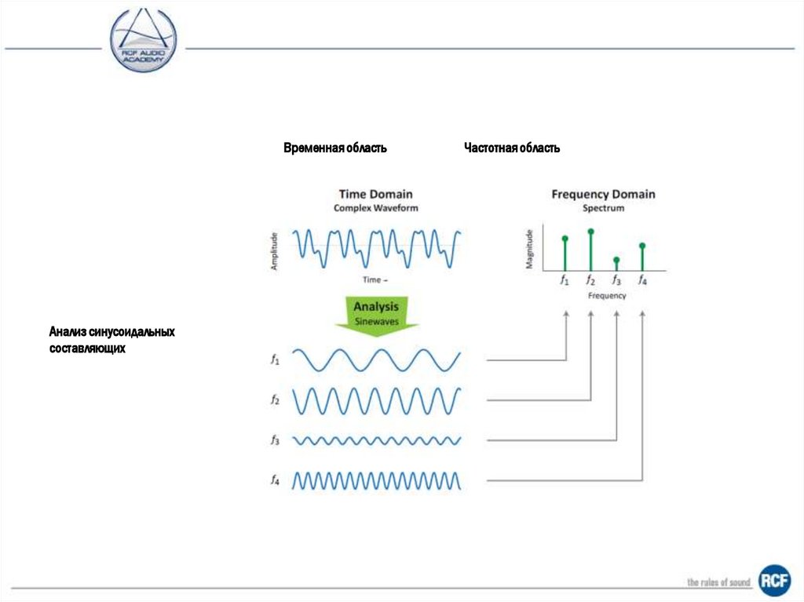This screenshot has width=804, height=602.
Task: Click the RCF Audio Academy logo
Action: point(144,39)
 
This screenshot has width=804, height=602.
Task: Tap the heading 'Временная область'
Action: point(334,148)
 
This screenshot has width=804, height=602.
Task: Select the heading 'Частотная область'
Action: point(511,148)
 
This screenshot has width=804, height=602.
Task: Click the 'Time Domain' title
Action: point(375,194)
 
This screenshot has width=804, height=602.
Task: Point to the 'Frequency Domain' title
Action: point(603,194)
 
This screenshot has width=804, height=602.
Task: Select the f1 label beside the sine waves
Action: point(275,360)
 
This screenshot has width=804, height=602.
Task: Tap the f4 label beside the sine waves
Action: point(275,480)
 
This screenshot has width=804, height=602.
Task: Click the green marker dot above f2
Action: point(590,232)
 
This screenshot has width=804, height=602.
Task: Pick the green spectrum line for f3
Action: point(616,265)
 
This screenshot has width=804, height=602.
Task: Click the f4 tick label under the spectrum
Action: point(642,279)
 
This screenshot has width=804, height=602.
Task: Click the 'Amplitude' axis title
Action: point(275,250)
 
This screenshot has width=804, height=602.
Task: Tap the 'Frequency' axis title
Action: point(607,296)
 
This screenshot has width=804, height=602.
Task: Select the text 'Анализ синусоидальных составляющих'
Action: point(111,340)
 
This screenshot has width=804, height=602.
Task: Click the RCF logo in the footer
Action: point(773,580)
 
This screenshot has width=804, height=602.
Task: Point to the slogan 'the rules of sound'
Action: point(718,582)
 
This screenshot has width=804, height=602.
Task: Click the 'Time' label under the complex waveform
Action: point(371,279)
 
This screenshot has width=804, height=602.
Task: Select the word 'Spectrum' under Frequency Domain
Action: point(603,209)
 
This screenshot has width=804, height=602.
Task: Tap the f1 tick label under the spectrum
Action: point(564,279)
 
